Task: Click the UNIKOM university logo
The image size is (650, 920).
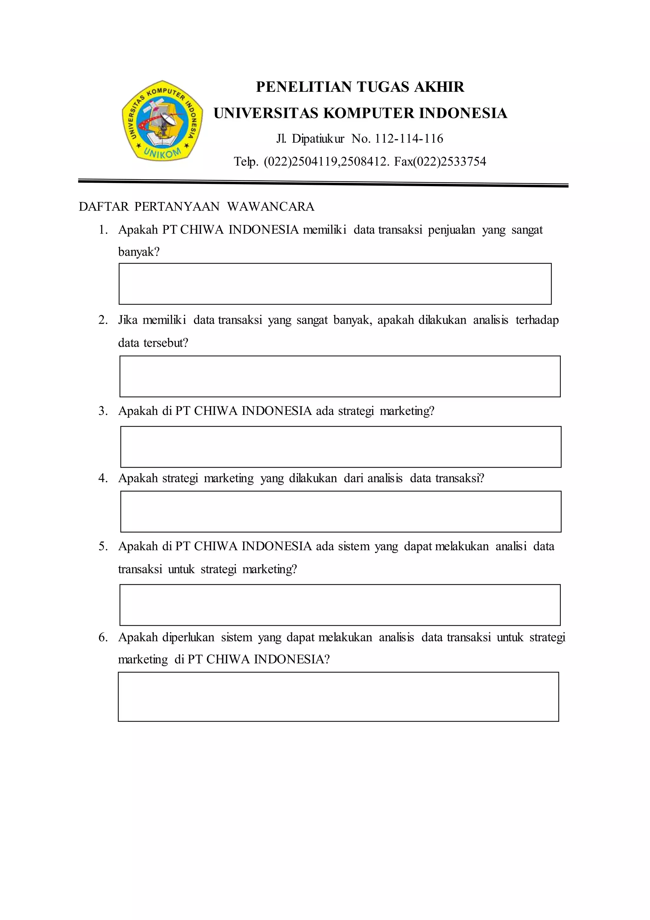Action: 162,121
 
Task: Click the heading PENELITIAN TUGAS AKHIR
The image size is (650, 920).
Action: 360,87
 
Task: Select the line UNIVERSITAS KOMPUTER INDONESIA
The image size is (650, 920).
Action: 360,113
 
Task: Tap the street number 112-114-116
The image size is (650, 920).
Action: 409,139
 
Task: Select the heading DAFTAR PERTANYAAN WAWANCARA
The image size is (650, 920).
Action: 196,207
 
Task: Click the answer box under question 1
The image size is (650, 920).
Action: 335,284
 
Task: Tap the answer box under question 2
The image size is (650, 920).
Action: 340,376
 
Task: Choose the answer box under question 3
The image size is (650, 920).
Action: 341,447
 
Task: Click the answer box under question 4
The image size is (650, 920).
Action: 341,512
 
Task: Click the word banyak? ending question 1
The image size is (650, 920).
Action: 139,252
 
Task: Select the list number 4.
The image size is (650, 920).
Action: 103,478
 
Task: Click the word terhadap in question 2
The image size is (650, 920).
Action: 537,320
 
